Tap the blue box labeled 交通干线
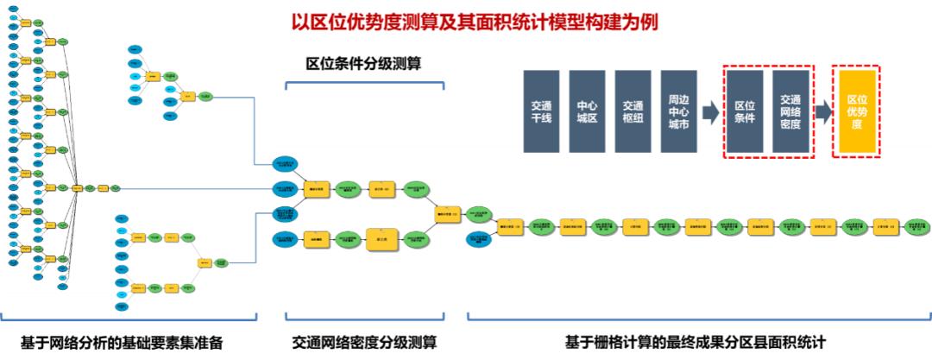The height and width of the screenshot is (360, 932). tap(542, 112)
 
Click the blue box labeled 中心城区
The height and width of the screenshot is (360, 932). tap(587, 112)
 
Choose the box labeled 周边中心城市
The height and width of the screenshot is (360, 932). tap(678, 112)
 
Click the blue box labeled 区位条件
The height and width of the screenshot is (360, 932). tap(745, 112)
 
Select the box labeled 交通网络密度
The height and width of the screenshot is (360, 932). tap(790, 112)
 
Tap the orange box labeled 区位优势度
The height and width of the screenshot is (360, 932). tap(856, 112)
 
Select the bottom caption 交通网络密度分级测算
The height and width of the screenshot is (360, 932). tap(364, 343)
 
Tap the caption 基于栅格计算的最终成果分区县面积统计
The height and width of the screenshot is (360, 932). tap(696, 343)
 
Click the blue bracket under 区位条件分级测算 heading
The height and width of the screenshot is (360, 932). tap(364, 84)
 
